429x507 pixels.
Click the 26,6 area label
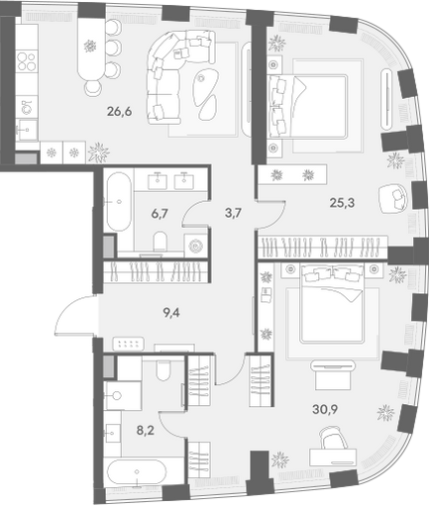tap(119, 112)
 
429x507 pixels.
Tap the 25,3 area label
tap(342, 202)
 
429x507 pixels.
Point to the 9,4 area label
tap(171, 312)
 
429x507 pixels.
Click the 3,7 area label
tap(233, 213)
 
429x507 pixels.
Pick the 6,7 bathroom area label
tap(160, 214)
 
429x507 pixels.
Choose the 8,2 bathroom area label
tap(146, 431)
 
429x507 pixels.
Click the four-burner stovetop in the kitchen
tap(27, 61)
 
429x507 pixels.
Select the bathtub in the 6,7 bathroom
tap(118, 201)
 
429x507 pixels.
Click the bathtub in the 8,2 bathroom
tap(136, 472)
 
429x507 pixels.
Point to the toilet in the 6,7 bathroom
tap(161, 241)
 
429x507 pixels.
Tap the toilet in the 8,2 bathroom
tap(162, 370)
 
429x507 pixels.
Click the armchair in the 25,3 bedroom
tap(393, 199)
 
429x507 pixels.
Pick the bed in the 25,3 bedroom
tap(308, 106)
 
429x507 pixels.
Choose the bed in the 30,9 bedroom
tap(332, 304)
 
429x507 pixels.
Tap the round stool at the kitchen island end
tap(92, 87)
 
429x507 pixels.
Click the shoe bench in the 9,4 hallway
tap(129, 344)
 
